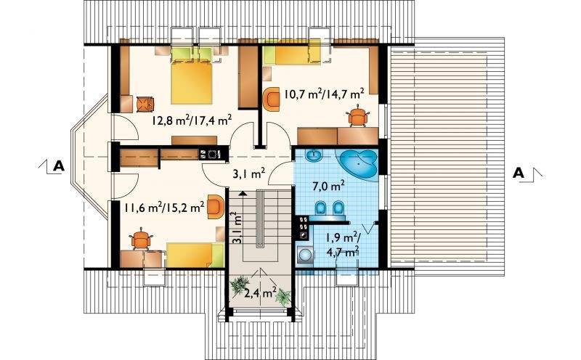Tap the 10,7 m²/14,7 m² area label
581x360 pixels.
[x=323, y=93]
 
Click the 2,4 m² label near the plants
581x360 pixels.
[x=260, y=293]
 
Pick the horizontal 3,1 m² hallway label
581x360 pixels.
[x=248, y=173]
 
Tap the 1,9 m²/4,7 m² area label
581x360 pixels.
[x=342, y=244]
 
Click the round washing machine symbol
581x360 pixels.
[x=306, y=255]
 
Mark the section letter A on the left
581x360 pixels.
[x=59, y=166]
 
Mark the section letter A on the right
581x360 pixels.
[x=519, y=173]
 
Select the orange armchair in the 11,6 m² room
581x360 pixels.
[x=216, y=206]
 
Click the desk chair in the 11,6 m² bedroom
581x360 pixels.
[x=140, y=240]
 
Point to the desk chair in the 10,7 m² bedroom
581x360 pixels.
[x=357, y=116]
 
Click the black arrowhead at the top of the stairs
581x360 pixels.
[x=243, y=192]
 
